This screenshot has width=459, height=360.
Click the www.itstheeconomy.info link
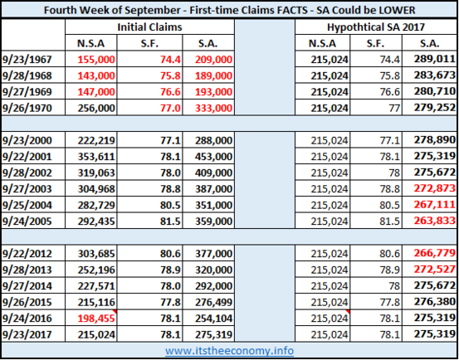[229, 350]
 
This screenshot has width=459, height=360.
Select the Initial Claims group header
[149, 27]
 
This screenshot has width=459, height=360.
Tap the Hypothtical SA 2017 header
[376, 27]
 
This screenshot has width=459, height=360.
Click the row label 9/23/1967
[27, 60]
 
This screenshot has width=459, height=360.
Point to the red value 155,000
[96, 60]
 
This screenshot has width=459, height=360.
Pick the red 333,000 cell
[213, 108]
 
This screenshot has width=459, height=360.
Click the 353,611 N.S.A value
[96, 157]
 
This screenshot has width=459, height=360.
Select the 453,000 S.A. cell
[213, 157]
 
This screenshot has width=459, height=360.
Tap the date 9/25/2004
[27, 205]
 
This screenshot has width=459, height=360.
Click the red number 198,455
[96, 318]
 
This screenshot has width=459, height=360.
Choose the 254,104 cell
[213, 318]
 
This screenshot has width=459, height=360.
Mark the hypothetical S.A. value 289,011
[435, 59]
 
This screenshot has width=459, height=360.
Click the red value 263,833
[435, 221]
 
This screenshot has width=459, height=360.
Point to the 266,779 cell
[435, 253]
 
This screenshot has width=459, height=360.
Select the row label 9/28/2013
[27, 270]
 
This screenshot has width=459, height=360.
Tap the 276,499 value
[213, 302]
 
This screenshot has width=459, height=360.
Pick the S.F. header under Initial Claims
[149, 44]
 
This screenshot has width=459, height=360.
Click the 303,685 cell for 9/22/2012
[96, 254]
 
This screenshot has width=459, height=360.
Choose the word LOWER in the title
[398, 10]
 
